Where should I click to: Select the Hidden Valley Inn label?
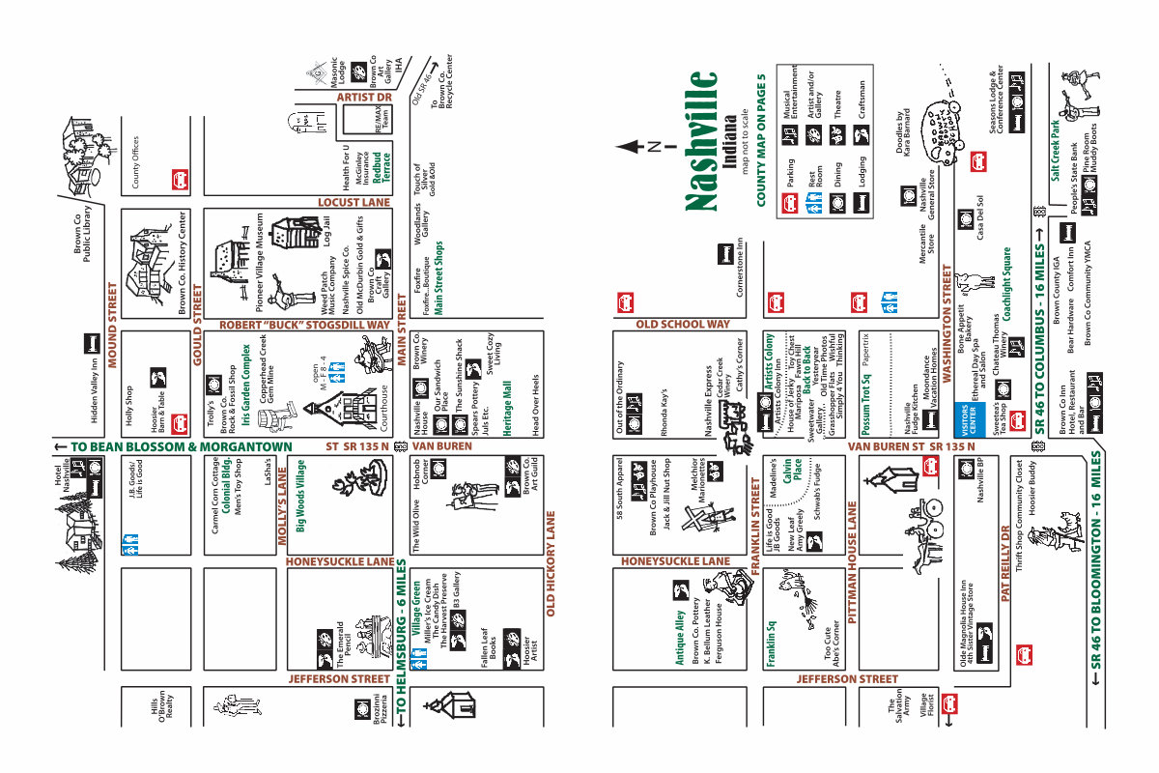pyautogui.click(x=94, y=387)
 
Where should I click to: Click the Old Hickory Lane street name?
pyautogui.click(x=551, y=564)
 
